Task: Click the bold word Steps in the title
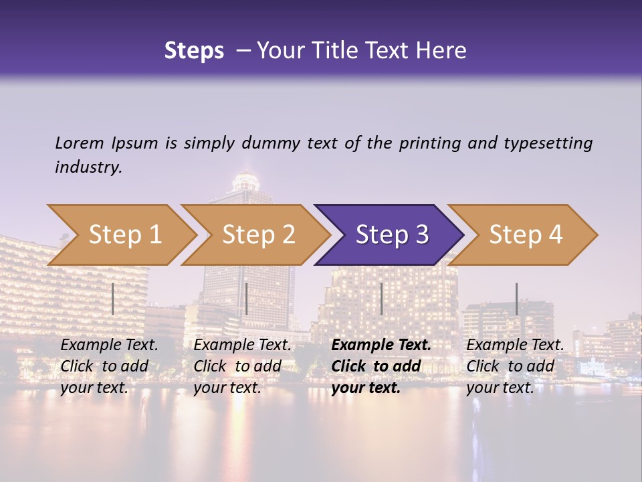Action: pos(194,50)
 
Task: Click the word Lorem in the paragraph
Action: pos(79,143)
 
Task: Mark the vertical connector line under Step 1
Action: pos(113,299)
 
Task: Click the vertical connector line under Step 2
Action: pos(247,299)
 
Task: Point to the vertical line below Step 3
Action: pos(381,299)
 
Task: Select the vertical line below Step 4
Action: pos(516,299)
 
